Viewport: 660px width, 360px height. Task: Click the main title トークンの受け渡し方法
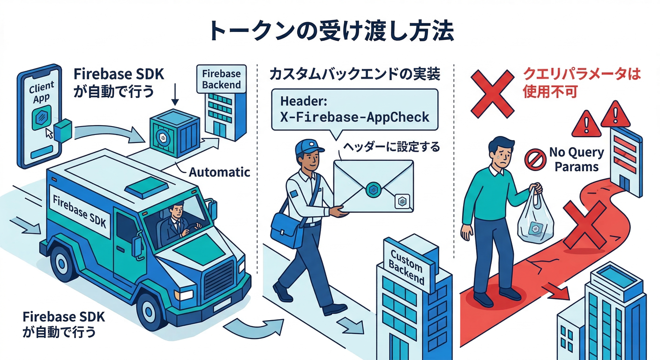tap(330, 30)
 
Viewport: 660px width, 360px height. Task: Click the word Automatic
tap(219, 172)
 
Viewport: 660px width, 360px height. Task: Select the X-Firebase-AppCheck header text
tap(355, 117)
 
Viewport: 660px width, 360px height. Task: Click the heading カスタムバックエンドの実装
tap(355, 75)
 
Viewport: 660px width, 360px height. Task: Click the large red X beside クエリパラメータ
tap(492, 93)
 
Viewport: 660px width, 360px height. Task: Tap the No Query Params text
tap(576, 159)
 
